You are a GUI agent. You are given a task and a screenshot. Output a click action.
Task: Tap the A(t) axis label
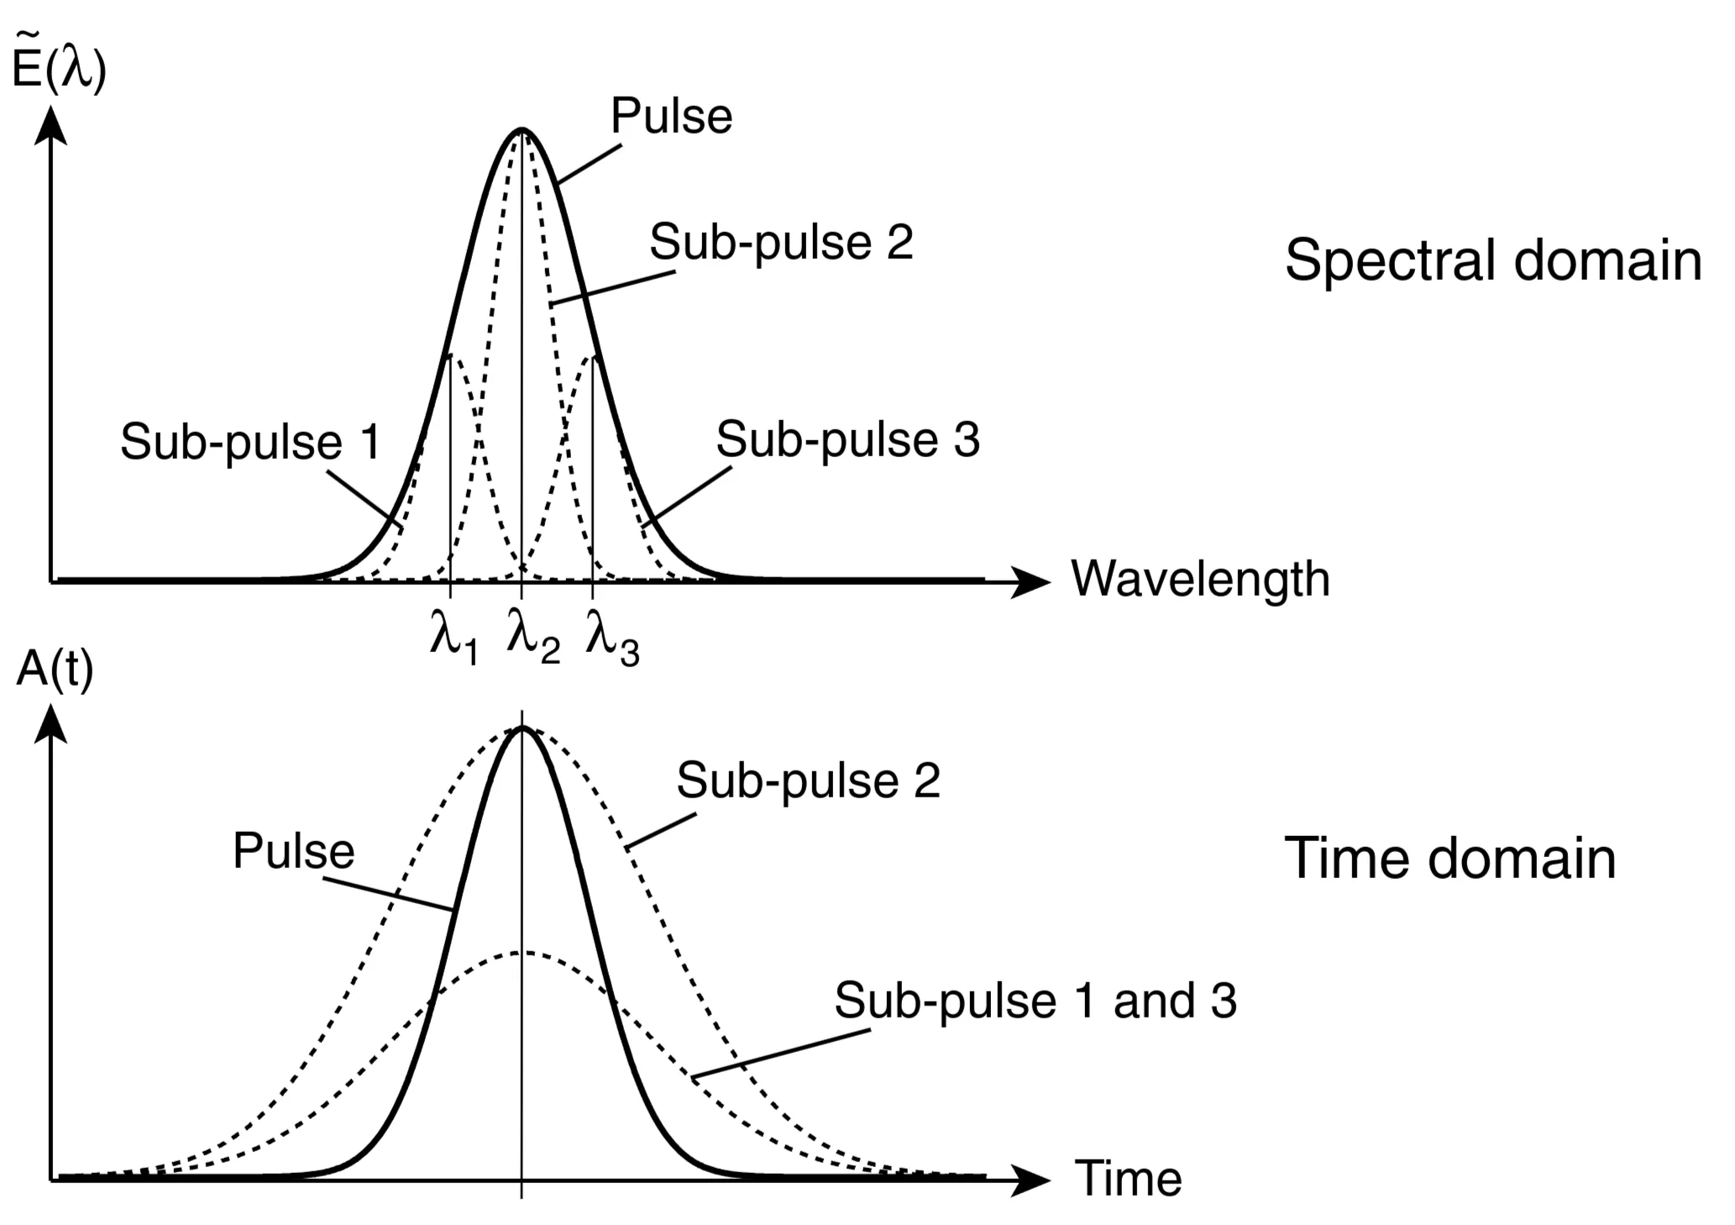point(54,671)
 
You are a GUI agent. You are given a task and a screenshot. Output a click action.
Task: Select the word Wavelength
point(1200,580)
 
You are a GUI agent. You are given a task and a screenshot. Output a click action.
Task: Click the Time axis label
point(1128,1179)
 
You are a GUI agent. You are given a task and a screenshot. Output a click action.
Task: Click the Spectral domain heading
point(1492,260)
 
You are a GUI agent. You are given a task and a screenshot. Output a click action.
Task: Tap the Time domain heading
point(1449,859)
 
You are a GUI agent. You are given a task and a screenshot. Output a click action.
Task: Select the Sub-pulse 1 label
point(249,442)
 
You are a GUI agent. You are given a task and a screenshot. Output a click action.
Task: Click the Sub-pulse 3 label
point(847,440)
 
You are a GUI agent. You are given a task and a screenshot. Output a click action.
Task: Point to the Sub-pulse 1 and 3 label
point(1035,1001)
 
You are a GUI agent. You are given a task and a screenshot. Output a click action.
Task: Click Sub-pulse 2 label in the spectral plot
point(781,243)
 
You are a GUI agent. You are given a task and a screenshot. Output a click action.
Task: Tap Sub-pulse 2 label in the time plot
point(808,781)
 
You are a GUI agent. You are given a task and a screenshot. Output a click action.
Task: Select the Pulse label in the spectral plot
point(671,116)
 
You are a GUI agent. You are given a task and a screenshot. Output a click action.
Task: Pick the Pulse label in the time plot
point(293,851)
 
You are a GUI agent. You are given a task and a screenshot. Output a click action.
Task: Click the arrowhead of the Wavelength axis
point(1031,581)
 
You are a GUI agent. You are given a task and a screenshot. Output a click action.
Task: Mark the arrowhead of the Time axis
point(1031,1180)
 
